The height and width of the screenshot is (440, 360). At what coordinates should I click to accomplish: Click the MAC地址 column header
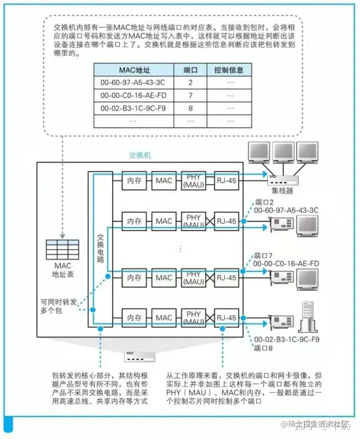click(133, 69)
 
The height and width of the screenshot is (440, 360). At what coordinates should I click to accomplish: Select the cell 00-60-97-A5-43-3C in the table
click(133, 82)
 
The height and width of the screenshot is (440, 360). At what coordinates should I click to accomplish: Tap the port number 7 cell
click(190, 95)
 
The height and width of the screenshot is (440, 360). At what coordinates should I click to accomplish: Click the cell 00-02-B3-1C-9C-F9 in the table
click(133, 107)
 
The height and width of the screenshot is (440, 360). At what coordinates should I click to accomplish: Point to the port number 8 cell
click(190, 107)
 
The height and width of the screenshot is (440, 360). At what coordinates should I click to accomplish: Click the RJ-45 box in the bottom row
click(225, 317)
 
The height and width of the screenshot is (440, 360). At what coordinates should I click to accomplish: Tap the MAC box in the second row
click(163, 221)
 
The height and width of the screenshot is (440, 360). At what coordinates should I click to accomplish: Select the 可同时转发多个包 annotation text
click(59, 306)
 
